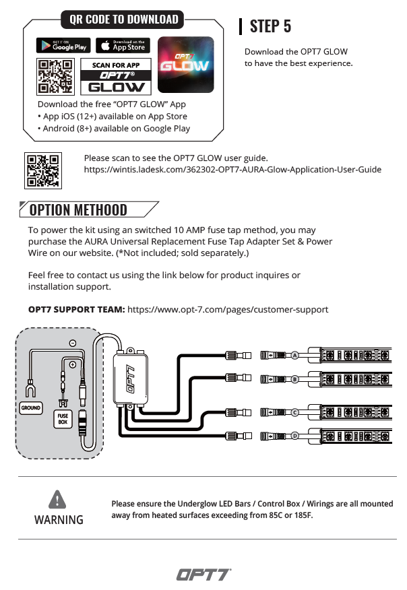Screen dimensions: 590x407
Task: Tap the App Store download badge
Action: [x=122, y=46]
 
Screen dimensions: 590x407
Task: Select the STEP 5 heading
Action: [x=270, y=26]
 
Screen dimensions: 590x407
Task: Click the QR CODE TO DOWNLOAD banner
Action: [x=125, y=20]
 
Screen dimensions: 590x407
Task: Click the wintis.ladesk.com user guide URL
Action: [x=232, y=170]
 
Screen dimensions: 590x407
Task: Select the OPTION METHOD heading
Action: [x=78, y=210]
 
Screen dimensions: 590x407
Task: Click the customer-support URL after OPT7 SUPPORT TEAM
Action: [x=228, y=309]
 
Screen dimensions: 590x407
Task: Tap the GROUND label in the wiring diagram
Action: [x=31, y=408]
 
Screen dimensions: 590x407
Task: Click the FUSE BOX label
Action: [x=63, y=420]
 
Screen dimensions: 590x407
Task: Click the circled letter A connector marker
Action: [x=295, y=354]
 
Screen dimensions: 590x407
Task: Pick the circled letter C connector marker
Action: [x=295, y=411]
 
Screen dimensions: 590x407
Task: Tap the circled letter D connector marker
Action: [x=295, y=435]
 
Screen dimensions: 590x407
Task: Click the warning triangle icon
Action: [x=59, y=499]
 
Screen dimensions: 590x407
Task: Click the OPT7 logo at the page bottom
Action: [x=203, y=575]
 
